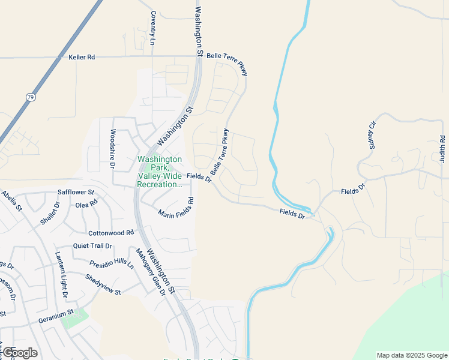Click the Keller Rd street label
[x=82, y=58]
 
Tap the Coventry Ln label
[x=153, y=28]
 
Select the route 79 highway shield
[x=31, y=97]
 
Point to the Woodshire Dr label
[x=112, y=148]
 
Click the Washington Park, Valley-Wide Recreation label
[x=160, y=172]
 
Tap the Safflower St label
[x=76, y=193]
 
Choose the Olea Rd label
[x=86, y=204]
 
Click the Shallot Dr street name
[x=51, y=212]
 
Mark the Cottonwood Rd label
[x=111, y=233]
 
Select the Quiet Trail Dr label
[x=92, y=246]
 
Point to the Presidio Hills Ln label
[x=112, y=264]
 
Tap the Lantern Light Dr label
[x=62, y=275]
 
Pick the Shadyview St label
[x=103, y=284]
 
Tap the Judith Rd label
[x=442, y=148]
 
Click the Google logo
[x=20, y=353]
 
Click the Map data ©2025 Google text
[x=411, y=355]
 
